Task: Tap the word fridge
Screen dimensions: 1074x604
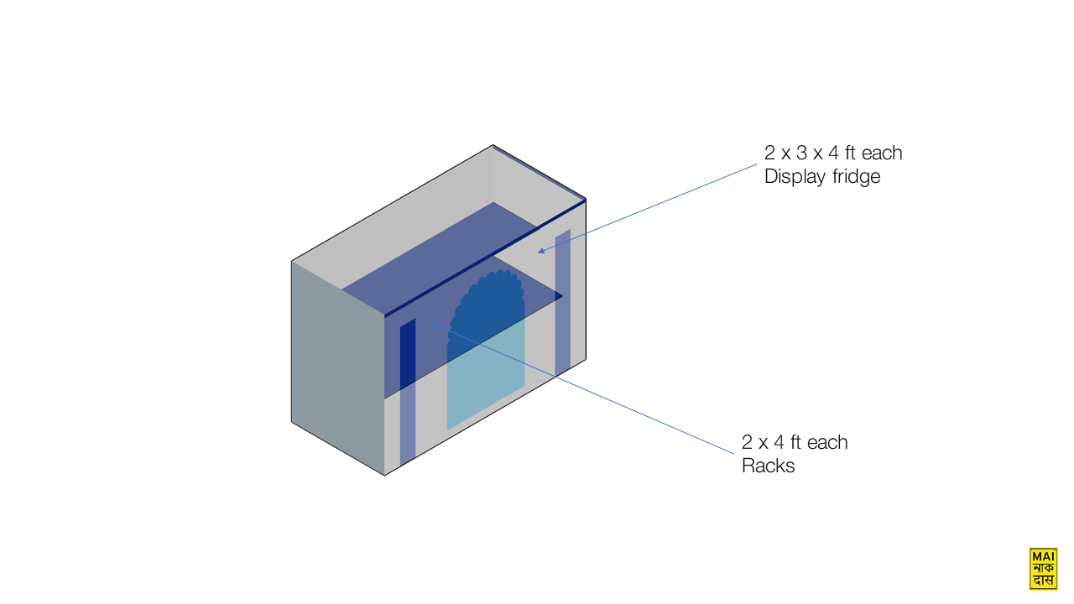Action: tap(857, 177)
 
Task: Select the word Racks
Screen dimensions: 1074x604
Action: tap(768, 466)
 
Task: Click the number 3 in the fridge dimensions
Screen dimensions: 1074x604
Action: tap(801, 154)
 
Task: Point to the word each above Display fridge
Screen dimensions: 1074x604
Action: tap(882, 154)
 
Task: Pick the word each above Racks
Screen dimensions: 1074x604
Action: tap(827, 442)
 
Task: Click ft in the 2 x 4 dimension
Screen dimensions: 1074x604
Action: tap(795, 442)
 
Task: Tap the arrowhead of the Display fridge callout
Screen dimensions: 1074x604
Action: tap(541, 251)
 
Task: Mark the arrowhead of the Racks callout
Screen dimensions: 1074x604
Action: tap(434, 325)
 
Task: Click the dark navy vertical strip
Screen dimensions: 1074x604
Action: tap(408, 354)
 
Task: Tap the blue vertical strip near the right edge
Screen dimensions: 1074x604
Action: tap(563, 302)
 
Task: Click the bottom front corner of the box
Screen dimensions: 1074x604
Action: tap(384, 476)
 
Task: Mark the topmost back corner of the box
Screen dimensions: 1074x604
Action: tap(493, 145)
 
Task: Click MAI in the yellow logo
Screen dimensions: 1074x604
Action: tap(1043, 556)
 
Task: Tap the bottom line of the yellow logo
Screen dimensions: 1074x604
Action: tap(1043, 581)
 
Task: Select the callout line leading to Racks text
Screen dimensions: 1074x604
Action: tap(583, 388)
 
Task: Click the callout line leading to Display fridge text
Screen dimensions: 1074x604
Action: tap(647, 207)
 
